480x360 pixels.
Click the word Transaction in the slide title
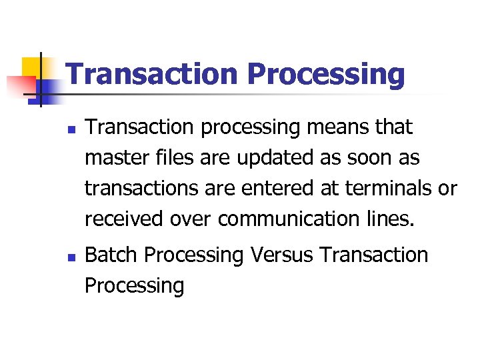[x=152, y=75]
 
